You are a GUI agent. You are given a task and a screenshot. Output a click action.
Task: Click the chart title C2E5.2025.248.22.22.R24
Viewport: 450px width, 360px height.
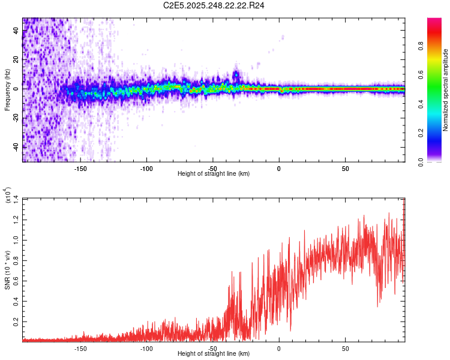coord(214,5)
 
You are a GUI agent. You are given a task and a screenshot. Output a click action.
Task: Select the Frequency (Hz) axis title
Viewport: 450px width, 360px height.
coord(7,90)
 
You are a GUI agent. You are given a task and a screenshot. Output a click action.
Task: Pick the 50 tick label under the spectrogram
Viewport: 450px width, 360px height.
coord(345,168)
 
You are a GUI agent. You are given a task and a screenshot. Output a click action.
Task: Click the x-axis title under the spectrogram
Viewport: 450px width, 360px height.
coord(214,174)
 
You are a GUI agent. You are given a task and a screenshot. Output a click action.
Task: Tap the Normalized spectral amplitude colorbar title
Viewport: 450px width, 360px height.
coord(446,90)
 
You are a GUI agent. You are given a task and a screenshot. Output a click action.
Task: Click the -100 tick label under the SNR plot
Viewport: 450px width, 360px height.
coord(146,348)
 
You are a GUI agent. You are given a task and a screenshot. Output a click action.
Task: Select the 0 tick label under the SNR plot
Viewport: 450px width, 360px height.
coord(279,348)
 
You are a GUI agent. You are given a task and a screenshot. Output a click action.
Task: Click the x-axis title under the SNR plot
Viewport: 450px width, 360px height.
coord(214,354)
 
